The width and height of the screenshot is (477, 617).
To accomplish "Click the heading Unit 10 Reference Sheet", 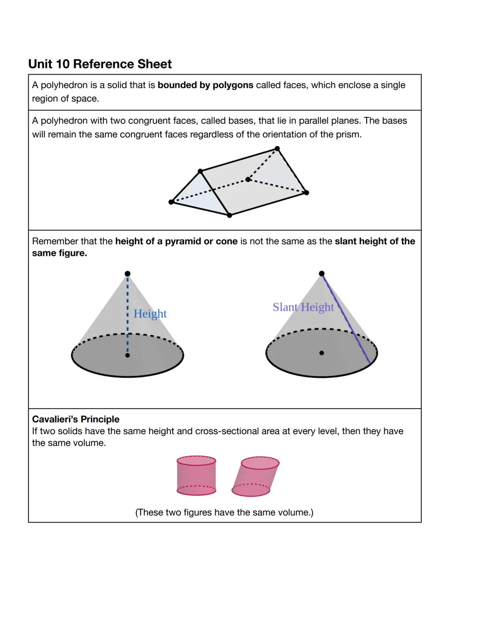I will [x=100, y=64].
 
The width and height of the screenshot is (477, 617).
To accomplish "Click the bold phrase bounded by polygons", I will [x=205, y=85].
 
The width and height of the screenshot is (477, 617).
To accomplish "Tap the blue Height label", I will [x=150, y=314].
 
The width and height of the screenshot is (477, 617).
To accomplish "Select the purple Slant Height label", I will [x=303, y=307].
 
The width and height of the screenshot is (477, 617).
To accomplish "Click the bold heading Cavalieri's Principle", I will [x=76, y=419].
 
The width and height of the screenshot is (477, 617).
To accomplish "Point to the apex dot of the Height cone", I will [x=128, y=274].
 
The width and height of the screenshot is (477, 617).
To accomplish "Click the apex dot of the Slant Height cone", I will [x=322, y=274].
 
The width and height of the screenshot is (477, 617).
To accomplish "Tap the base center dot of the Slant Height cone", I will [x=322, y=353].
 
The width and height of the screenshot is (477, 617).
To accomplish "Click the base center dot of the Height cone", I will [x=128, y=355].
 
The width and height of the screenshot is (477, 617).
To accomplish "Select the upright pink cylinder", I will [x=196, y=476].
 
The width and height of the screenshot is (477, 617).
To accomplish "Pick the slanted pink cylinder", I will [x=256, y=477].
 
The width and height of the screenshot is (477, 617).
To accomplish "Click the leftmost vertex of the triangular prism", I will [x=171, y=202].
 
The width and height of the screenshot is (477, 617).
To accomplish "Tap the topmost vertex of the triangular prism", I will [x=277, y=148].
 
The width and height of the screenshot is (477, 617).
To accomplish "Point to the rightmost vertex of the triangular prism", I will [x=307, y=193].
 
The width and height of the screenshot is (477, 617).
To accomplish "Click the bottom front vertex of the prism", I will [x=229, y=216].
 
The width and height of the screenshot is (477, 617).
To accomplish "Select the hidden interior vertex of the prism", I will [x=248, y=179].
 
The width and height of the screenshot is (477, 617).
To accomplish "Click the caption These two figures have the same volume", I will [x=224, y=512].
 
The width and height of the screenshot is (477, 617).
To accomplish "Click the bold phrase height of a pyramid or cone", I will [x=176, y=241].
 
